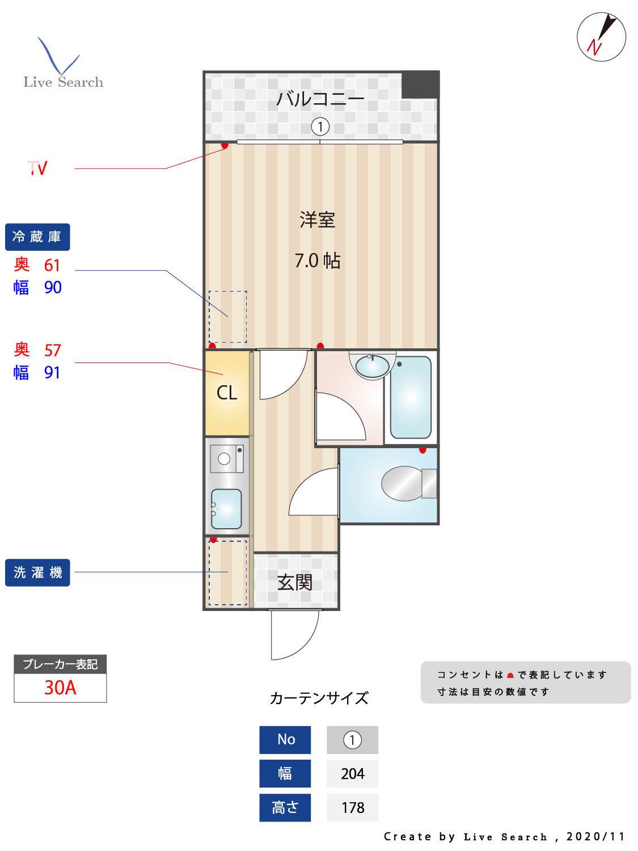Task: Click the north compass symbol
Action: point(601,37)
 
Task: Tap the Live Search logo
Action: point(62,65)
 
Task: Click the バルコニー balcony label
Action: point(320,99)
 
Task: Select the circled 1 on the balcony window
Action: point(320,127)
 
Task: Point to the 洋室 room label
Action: point(318,220)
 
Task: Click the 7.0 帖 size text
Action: point(318,260)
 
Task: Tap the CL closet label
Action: point(227,393)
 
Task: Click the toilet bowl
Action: point(404,483)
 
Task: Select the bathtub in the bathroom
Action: point(411,397)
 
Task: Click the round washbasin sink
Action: point(372,366)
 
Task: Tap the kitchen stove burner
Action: point(225,459)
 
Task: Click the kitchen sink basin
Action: point(227,509)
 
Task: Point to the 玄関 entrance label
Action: point(295,582)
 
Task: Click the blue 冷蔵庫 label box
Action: point(37,237)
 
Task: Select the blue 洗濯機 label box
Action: point(37,572)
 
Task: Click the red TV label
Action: point(38,168)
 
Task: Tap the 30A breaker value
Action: point(60,688)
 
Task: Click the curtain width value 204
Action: point(352,774)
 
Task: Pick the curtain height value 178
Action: point(352,808)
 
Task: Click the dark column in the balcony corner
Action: point(420,85)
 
